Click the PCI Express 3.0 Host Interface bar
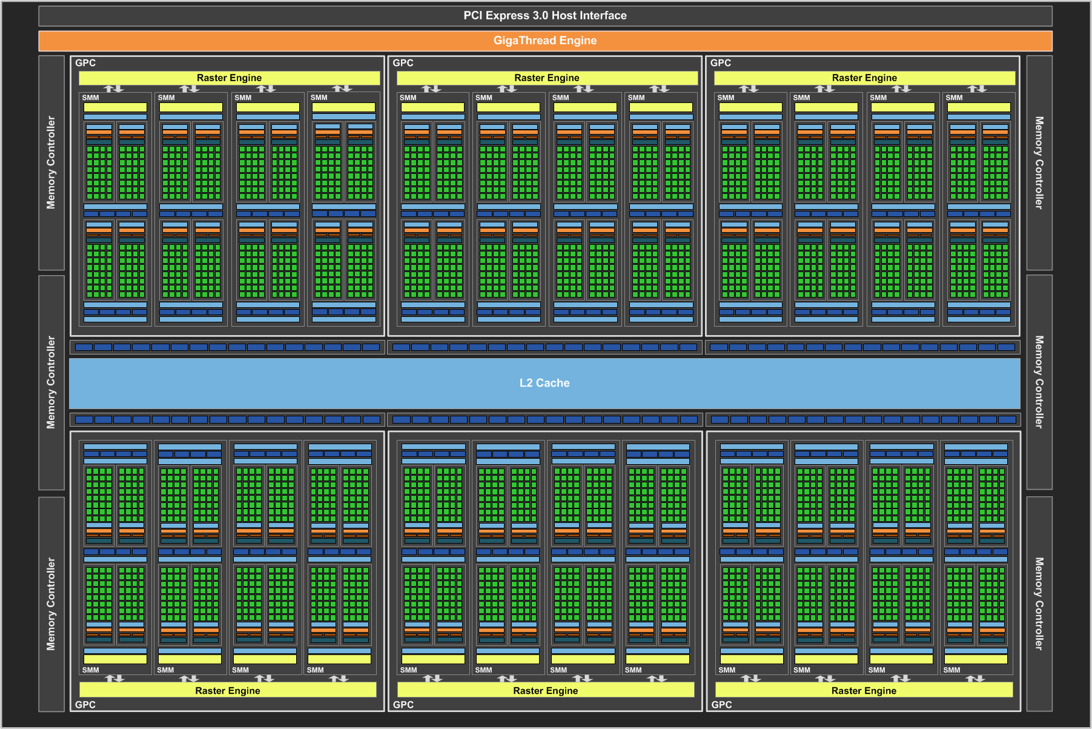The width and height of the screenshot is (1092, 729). tap(545, 16)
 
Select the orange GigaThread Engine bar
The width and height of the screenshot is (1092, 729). tap(545, 41)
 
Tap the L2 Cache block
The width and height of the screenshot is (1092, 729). tap(544, 383)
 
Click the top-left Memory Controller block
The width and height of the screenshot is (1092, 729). tap(51, 163)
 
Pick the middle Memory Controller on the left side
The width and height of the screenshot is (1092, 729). tap(51, 382)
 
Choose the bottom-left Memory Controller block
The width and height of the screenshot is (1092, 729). tap(51, 604)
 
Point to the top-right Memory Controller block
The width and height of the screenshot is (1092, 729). tap(1039, 163)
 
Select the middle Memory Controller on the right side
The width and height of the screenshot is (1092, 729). tap(1039, 382)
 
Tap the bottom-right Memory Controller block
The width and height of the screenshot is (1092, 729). tap(1039, 604)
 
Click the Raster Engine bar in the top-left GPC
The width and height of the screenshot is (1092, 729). tap(229, 78)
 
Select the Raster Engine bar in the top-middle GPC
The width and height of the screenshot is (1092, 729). tap(547, 78)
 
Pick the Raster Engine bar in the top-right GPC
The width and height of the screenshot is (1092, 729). tap(864, 78)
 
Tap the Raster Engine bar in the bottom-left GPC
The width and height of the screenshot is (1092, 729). tap(228, 690)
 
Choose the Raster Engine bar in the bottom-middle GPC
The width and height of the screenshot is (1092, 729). tap(546, 690)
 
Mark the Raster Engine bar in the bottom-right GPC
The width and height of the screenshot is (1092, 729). tap(864, 690)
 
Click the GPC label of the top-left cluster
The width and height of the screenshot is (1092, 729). tap(85, 63)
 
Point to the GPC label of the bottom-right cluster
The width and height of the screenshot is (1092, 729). tap(721, 705)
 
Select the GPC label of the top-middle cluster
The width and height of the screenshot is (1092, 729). tap(403, 63)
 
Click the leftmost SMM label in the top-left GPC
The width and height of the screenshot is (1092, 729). tap(90, 98)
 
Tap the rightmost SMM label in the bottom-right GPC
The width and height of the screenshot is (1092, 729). tap(951, 670)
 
